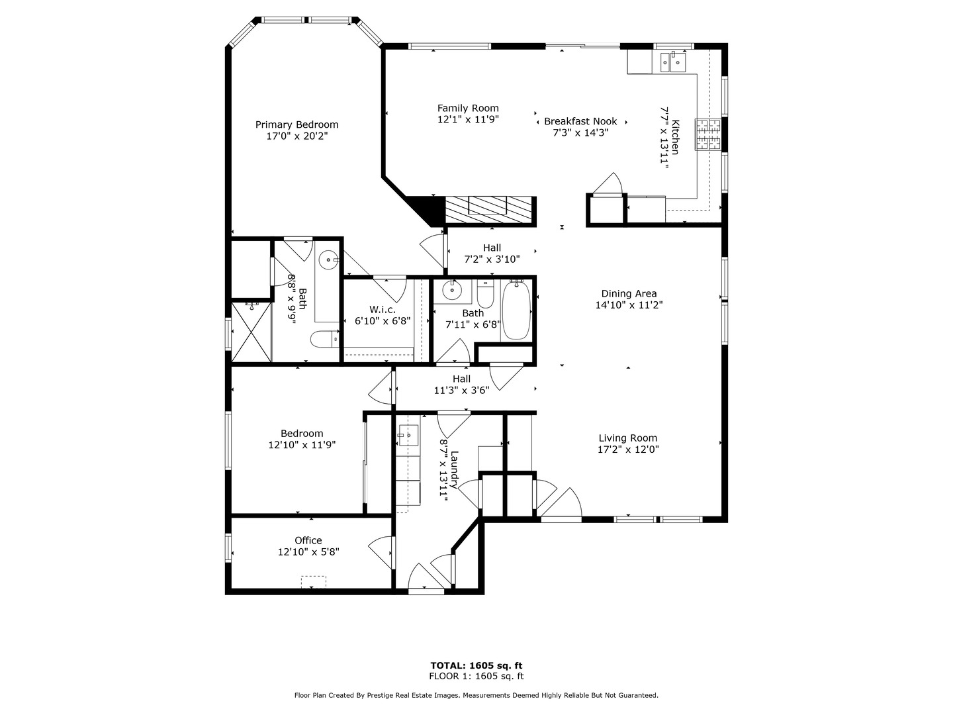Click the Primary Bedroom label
[x=296, y=124]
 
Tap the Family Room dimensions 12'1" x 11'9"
[x=468, y=120]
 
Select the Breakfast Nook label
[x=580, y=121]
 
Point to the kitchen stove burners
[x=707, y=135]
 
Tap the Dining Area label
[x=629, y=294]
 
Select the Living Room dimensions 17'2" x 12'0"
[x=628, y=450]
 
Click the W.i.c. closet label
[x=383, y=309]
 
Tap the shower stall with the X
[x=251, y=332]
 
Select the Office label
[x=308, y=540]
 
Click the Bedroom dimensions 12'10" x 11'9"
[x=302, y=446]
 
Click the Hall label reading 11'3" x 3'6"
[x=461, y=379]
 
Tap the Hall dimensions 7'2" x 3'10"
[x=492, y=260]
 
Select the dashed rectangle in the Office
[x=314, y=582]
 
